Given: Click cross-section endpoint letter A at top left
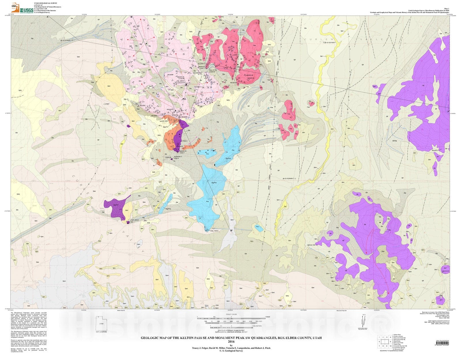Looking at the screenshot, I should pos(47,17).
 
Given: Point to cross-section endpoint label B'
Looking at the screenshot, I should pos(231,230).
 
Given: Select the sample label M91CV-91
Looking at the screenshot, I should pos(445,271).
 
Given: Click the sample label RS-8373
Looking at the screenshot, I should pos(435,150).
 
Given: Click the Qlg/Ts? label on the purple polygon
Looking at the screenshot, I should pos(116,205).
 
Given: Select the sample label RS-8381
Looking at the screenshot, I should pos(142,106).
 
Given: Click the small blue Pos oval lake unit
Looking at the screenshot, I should pos(257,227).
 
